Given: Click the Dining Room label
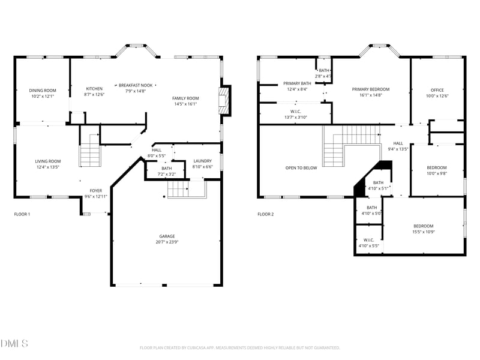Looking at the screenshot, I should pyautogui.click(x=42, y=91).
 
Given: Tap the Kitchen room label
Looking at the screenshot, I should pyautogui.click(x=94, y=89).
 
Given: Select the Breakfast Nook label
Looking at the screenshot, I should pyautogui.click(x=135, y=85).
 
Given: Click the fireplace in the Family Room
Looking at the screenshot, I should pyautogui.click(x=224, y=100).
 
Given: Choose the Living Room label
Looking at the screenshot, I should pyautogui.click(x=48, y=161).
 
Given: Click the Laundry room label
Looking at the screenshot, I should pyautogui.click(x=202, y=161).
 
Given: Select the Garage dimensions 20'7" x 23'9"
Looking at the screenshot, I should pyautogui.click(x=168, y=242).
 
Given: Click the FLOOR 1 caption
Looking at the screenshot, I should pyautogui.click(x=22, y=214).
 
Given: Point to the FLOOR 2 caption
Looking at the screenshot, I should pyautogui.click(x=266, y=214).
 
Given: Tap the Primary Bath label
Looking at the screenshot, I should pyautogui.click(x=297, y=83).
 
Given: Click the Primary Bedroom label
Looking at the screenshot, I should pyautogui.click(x=370, y=89).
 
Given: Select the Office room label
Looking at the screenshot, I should pyautogui.click(x=437, y=90).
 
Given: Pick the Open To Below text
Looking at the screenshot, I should pyautogui.click(x=301, y=168).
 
